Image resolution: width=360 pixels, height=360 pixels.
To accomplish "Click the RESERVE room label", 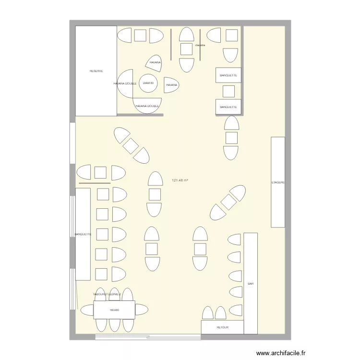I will pos(96,71).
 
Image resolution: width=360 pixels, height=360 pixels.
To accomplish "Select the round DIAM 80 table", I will pos(148,83).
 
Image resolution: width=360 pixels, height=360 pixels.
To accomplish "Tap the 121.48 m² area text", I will pos(180,180).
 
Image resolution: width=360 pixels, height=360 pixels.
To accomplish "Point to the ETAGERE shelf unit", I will pos(278,182).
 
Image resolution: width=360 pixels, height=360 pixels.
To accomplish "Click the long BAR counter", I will pos(251,283).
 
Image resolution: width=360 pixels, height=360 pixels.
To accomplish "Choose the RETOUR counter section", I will pos(222,327).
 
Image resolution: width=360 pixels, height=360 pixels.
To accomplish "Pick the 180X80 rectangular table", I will pos(114,310).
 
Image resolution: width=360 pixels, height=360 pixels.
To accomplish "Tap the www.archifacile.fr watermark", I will pos(281,352).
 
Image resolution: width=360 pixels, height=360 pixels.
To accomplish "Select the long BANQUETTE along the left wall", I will pos(83,234).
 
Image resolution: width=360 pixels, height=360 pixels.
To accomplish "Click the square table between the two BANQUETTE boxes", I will pos(229,91).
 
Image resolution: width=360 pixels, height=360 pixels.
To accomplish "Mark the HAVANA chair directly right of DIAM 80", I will pos(171,84).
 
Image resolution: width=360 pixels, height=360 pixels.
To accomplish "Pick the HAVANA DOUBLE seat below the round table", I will pos(147,106).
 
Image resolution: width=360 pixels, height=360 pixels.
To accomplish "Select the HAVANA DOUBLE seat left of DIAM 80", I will pos(126,84).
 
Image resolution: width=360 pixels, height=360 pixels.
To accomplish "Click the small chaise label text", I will pos(200,45).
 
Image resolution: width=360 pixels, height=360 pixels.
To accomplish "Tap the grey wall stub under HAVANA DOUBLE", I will pos(140,115).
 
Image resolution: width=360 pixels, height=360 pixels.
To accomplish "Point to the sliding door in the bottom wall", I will pos(148,337).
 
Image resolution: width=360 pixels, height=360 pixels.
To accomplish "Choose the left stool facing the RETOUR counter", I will pos(208,313).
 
